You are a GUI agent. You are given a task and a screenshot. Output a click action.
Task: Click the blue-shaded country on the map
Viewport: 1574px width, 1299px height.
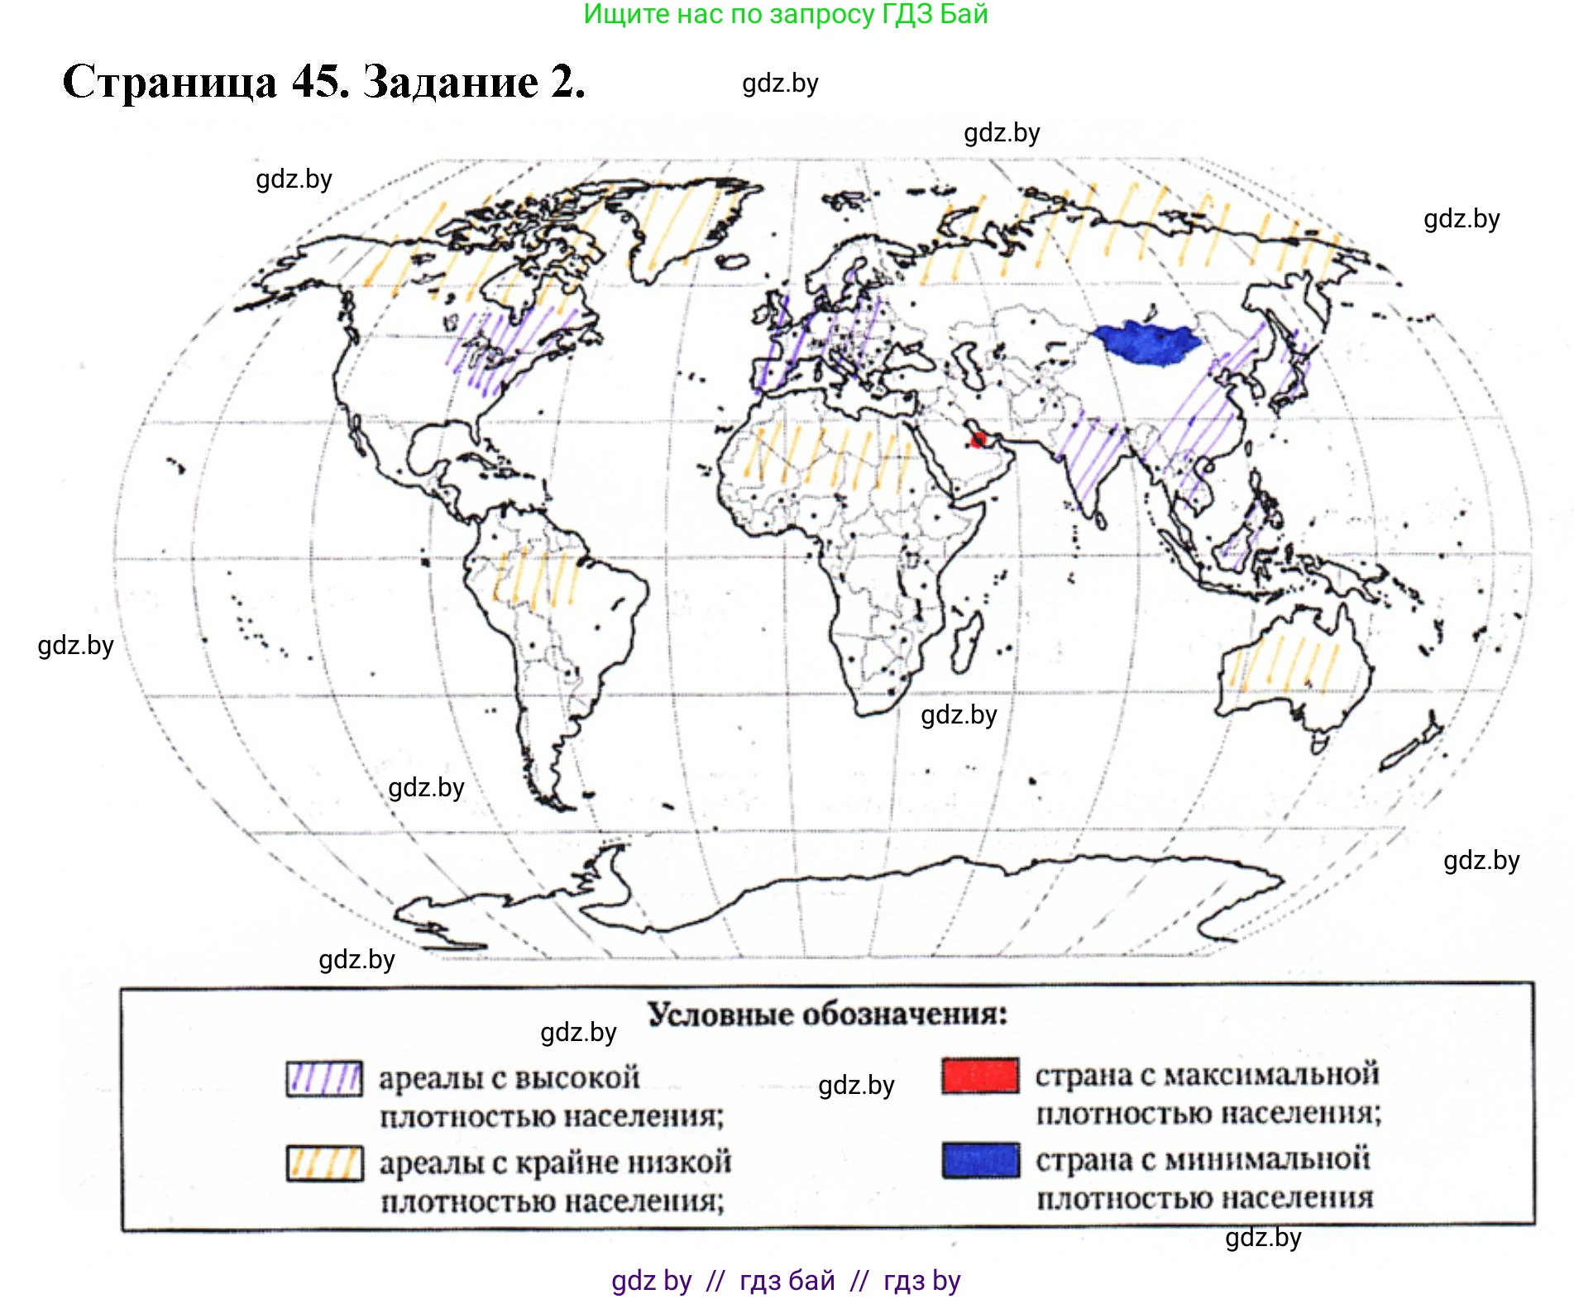(x=1146, y=341)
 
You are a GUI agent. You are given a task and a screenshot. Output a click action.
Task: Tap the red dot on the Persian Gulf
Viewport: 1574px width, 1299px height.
(x=979, y=439)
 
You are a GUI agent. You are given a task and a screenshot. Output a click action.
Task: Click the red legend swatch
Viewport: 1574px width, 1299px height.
(x=980, y=1076)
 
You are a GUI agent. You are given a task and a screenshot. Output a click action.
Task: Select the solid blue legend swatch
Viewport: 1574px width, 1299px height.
(x=980, y=1159)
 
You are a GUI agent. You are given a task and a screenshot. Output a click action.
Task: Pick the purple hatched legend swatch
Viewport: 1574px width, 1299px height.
(x=324, y=1078)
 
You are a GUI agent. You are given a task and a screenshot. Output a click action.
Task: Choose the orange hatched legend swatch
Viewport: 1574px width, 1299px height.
(x=324, y=1163)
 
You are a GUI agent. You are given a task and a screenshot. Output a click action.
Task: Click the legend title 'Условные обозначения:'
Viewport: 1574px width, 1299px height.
(x=827, y=1015)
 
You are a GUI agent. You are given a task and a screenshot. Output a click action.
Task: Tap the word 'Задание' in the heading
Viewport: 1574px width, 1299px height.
(x=451, y=82)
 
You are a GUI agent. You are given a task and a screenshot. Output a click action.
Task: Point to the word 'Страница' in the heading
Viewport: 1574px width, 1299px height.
(x=170, y=82)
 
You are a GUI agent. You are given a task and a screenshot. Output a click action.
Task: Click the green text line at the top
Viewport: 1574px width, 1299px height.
(x=786, y=14)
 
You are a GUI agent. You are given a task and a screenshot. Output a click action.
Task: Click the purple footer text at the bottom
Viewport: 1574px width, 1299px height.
(x=786, y=1281)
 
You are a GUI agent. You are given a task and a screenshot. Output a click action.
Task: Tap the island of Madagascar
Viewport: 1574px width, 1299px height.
(x=965, y=645)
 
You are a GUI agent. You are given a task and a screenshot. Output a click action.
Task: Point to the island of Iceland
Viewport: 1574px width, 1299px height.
(x=731, y=262)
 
